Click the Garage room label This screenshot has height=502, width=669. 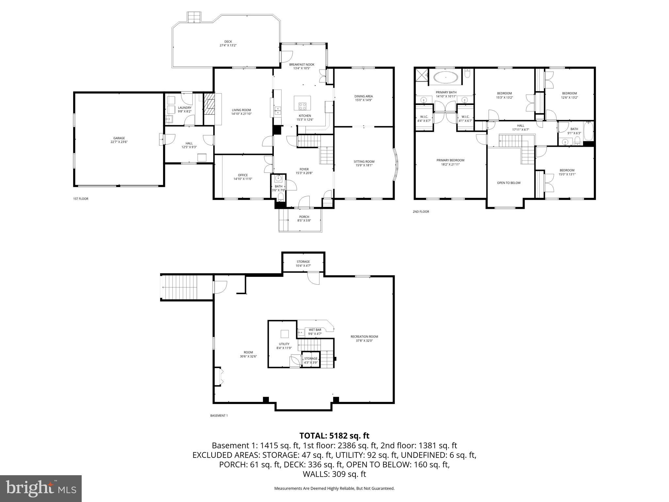119,138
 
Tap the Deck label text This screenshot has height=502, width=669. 228,42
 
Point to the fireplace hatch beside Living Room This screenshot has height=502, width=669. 209,107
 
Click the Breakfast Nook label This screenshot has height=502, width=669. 302,65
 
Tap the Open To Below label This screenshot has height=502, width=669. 509,183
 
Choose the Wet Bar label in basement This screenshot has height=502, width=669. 315,330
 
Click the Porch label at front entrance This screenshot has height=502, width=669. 304,217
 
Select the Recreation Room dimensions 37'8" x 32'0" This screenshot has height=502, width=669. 364,341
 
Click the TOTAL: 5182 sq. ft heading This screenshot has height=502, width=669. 334,436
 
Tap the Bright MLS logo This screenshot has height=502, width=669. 41,488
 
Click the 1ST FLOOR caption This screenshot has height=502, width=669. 80,199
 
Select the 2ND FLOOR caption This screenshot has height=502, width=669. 421,212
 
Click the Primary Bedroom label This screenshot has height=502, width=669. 450,160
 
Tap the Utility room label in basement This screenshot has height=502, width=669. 284,344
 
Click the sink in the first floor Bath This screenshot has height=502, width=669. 278,178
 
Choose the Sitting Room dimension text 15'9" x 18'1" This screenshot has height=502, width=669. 364,165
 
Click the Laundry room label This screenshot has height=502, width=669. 185,108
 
